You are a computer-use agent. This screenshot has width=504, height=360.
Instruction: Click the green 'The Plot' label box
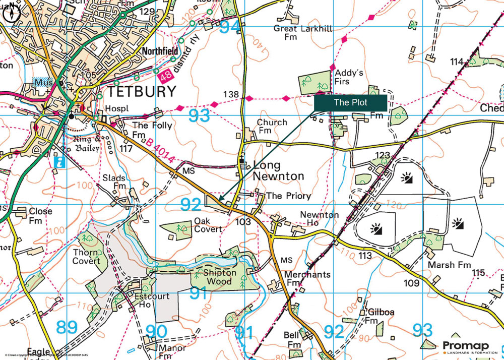(x=350, y=102)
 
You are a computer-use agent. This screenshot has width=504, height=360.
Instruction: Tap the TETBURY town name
(x=142, y=92)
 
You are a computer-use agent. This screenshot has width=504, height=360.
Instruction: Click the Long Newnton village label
(x=278, y=170)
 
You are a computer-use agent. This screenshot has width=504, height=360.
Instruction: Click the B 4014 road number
(x=161, y=152)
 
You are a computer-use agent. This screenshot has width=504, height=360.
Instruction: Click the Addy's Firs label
(x=349, y=77)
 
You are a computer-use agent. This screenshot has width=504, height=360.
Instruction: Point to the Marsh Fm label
(x=450, y=265)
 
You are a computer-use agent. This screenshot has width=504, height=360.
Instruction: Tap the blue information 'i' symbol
(x=60, y=162)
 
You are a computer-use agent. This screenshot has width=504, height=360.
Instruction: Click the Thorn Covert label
(x=87, y=257)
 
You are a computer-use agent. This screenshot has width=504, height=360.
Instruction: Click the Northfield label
(x=160, y=51)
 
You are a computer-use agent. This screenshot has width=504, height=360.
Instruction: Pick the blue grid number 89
(x=67, y=328)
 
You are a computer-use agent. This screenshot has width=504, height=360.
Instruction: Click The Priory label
(x=288, y=196)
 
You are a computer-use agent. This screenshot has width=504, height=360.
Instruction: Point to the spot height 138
(x=230, y=94)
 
